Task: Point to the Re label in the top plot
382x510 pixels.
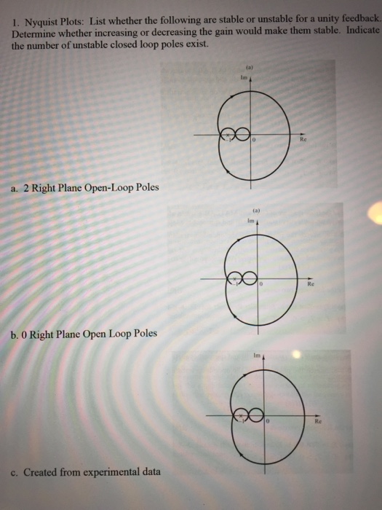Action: point(303,141)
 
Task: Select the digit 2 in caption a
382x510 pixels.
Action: point(25,188)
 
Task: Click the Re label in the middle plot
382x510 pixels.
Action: point(310,286)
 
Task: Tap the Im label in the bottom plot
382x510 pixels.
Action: point(255,357)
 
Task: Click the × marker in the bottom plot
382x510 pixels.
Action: point(240,417)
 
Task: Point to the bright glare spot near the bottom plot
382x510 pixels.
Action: point(295,356)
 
